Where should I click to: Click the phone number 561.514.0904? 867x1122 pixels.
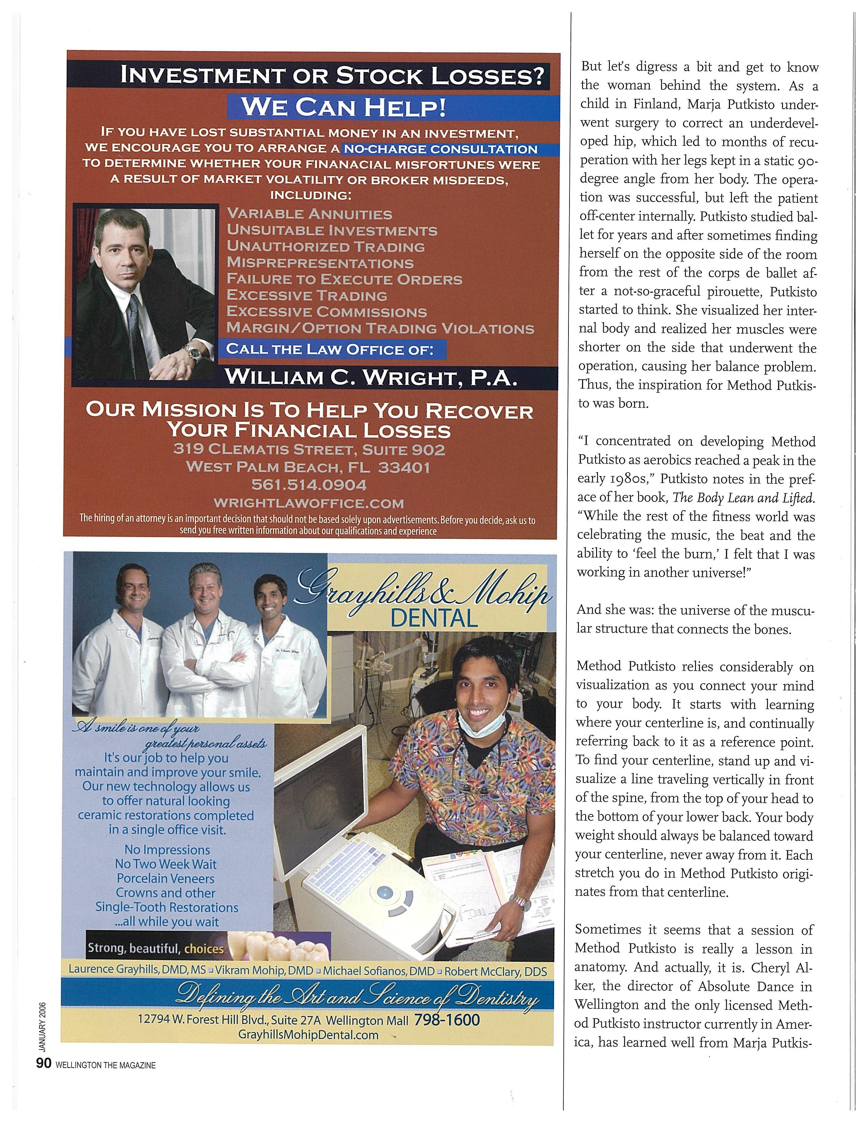(309, 485)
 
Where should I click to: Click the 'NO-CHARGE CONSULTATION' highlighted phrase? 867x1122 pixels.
(440, 150)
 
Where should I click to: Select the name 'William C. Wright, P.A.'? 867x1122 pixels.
(370, 378)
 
